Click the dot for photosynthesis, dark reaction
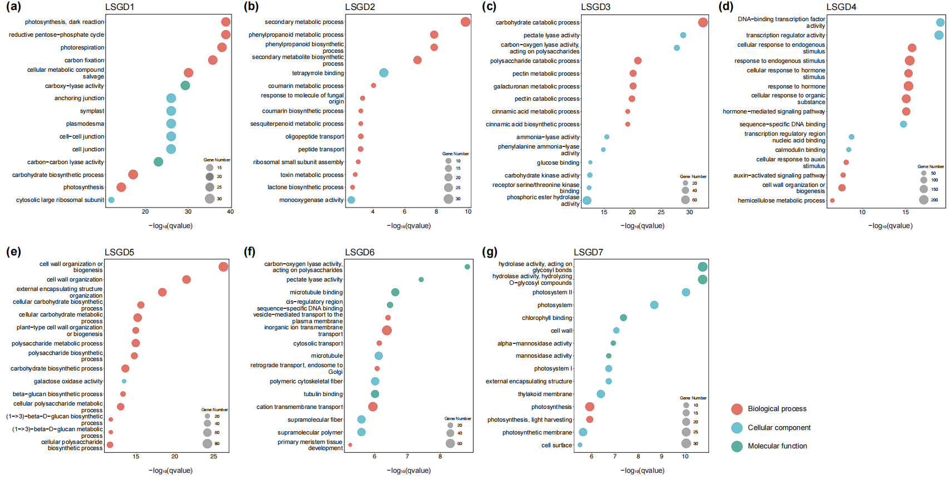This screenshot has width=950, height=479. click(x=225, y=22)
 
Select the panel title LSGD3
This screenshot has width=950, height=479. click(x=595, y=7)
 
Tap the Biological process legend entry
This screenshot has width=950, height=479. click(x=777, y=409)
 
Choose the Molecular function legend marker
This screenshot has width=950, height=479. click(x=737, y=446)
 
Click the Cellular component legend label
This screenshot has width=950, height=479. click(x=779, y=428)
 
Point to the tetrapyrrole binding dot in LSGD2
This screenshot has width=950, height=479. click(x=383, y=73)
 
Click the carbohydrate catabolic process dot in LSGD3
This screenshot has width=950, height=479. click(x=703, y=22)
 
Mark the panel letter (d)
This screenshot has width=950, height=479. click(x=726, y=7)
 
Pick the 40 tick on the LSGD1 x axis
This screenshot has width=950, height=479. click(x=230, y=211)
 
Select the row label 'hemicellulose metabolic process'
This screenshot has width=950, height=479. click(x=781, y=201)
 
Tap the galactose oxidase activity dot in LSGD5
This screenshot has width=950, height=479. click(x=124, y=382)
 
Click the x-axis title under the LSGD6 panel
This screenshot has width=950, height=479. click(x=408, y=471)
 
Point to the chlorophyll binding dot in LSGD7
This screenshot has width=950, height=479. click(x=623, y=318)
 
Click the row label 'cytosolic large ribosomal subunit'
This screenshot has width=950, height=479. click(x=60, y=200)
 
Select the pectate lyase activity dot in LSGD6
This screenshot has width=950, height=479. click(x=421, y=280)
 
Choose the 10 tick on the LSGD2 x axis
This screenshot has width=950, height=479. click(x=468, y=211)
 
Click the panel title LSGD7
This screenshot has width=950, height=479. click(x=588, y=252)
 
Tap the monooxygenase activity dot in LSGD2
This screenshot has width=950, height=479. click(x=351, y=200)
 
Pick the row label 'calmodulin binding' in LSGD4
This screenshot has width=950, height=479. click(x=800, y=150)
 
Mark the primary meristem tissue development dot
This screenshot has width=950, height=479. click(x=350, y=445)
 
